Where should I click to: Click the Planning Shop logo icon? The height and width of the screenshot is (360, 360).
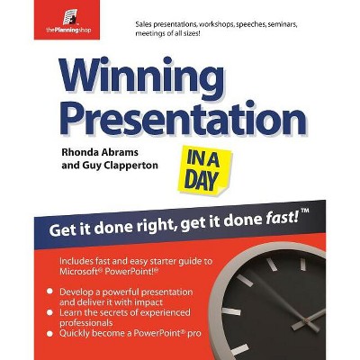(69, 17)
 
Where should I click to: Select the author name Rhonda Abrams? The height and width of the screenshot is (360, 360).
(100, 152)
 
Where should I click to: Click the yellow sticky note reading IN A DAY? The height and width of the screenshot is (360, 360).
(204, 169)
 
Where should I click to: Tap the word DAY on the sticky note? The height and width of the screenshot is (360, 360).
(201, 181)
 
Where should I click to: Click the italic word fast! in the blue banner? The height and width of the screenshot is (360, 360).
(283, 220)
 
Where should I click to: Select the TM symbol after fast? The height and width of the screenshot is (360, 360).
(304, 211)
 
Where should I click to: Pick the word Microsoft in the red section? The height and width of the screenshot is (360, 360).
(78, 272)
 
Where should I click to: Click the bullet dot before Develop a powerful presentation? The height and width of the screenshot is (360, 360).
(50, 292)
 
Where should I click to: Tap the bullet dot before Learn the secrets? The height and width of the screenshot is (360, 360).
(50, 312)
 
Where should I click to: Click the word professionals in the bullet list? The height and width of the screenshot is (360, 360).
(86, 323)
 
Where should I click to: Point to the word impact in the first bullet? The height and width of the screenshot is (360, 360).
(148, 302)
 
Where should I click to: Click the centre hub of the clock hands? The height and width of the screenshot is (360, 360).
(306, 321)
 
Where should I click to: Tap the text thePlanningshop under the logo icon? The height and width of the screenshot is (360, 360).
(68, 30)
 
